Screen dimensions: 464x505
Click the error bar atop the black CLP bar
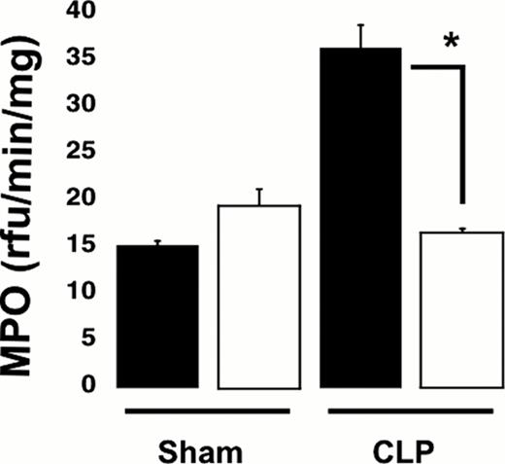[x=360, y=36]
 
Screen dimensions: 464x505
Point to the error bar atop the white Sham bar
[x=259, y=196]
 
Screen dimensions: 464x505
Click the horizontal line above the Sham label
[x=210, y=410]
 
